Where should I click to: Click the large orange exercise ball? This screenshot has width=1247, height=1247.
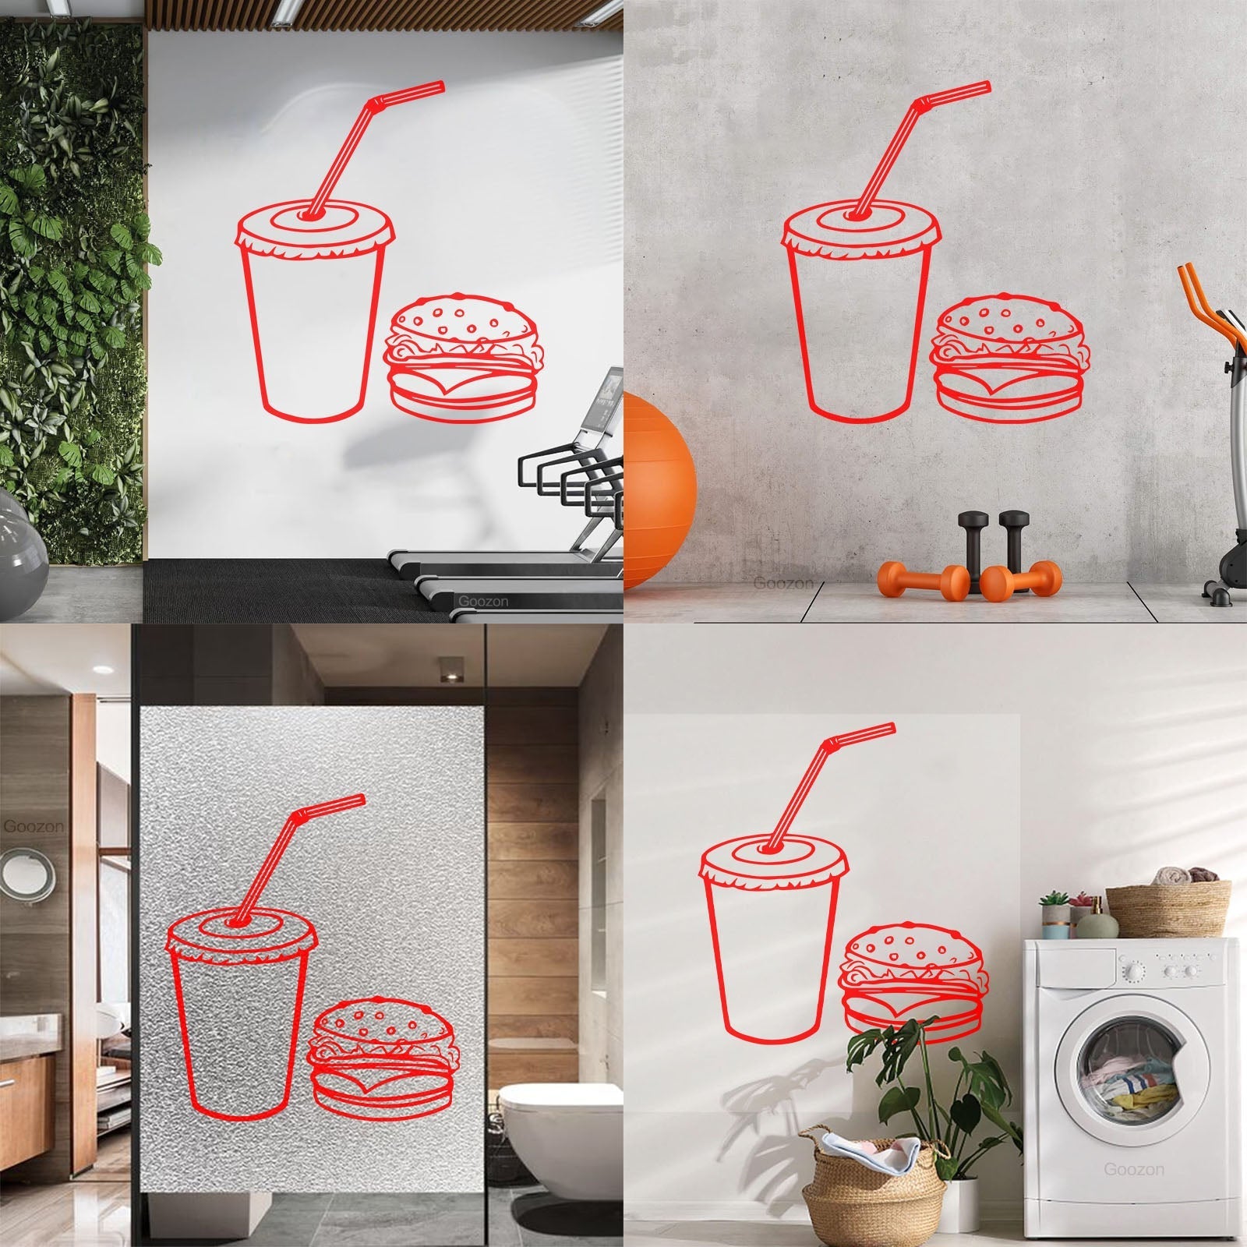(x=658, y=492)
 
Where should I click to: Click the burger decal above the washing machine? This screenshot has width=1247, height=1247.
(x=913, y=980)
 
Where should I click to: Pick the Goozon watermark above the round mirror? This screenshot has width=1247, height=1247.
(x=24, y=825)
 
